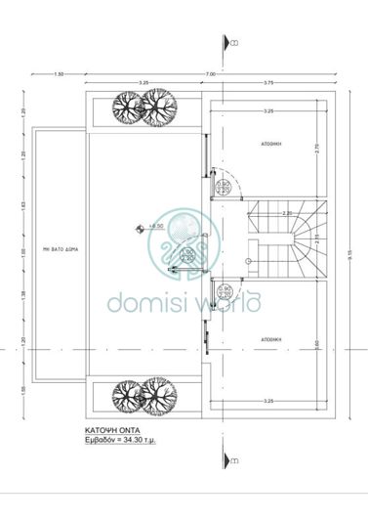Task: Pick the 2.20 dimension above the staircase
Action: click(x=285, y=212)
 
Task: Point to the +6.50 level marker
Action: click(x=153, y=226)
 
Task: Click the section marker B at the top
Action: click(x=231, y=44)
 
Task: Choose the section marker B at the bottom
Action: click(x=231, y=459)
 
